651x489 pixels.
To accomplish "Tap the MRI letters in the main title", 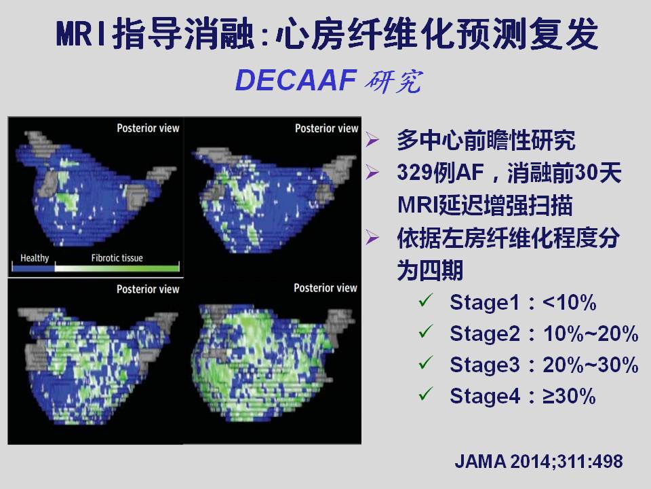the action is (81, 33).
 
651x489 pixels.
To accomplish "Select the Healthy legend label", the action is (35, 258).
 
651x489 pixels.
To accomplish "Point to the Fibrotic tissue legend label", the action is (117, 258).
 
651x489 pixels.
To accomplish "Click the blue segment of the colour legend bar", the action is (33, 268).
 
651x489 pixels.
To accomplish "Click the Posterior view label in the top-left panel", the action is (148, 128).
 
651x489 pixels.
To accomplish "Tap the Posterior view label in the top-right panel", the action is (326, 128).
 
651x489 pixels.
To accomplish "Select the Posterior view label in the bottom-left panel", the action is (148, 289).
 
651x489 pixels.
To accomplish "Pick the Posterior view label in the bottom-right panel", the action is (325, 288).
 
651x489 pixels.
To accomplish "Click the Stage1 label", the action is (484, 302).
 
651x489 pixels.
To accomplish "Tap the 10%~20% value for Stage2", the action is (591, 333).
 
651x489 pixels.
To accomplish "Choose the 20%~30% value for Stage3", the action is (591, 365).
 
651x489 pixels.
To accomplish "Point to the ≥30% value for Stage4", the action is (569, 396).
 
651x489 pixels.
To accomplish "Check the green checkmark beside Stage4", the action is (426, 393).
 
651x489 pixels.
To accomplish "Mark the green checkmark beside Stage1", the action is (426, 300).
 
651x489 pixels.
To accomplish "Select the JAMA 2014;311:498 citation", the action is (538, 462).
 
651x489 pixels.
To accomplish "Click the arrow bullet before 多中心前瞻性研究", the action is (372, 139).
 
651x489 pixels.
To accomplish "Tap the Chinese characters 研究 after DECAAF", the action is (393, 81).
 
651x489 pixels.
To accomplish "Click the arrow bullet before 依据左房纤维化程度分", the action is (372, 238).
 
